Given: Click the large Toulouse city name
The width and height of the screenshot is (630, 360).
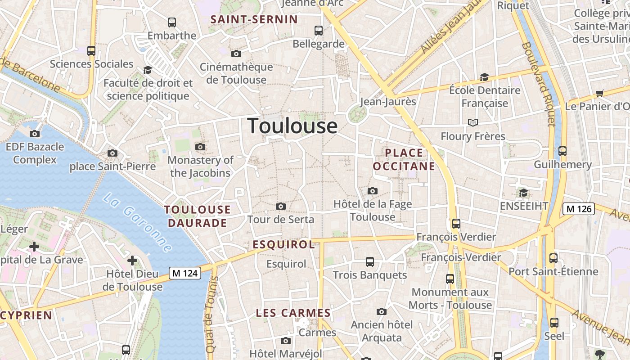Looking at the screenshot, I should tap(292, 126).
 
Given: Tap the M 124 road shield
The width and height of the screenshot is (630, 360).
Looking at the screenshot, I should tap(185, 273).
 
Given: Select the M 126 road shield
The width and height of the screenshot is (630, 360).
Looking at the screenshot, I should tap(579, 209).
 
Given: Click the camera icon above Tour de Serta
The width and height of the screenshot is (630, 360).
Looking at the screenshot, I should tap(281, 207).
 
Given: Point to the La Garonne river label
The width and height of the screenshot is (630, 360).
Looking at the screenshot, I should tap(137, 222).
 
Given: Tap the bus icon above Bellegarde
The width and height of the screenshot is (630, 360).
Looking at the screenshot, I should tap(319, 31).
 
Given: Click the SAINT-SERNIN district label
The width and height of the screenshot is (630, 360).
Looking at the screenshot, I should tap(254, 19).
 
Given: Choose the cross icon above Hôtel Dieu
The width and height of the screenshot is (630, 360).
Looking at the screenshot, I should tap(132, 261).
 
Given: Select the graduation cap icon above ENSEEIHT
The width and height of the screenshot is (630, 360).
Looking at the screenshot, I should tap(523, 193).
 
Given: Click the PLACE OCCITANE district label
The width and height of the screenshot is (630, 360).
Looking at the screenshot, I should tap(404, 159).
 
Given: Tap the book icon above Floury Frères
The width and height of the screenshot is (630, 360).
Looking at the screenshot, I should tap(472, 122).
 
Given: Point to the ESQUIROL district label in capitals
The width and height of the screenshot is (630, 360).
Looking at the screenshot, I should tap(283, 244).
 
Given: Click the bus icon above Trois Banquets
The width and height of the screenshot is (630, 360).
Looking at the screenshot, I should tap(370, 262).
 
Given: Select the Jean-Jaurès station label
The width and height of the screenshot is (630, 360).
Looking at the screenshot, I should tap(388, 102).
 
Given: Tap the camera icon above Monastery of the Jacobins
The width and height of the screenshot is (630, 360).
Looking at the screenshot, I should tap(200, 147).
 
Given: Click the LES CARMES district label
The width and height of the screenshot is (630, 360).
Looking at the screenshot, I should tap(293, 313).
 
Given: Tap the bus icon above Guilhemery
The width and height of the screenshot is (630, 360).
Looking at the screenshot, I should tap(562, 151).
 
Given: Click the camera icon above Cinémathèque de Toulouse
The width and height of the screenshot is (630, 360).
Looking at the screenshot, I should tap(236, 54).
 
